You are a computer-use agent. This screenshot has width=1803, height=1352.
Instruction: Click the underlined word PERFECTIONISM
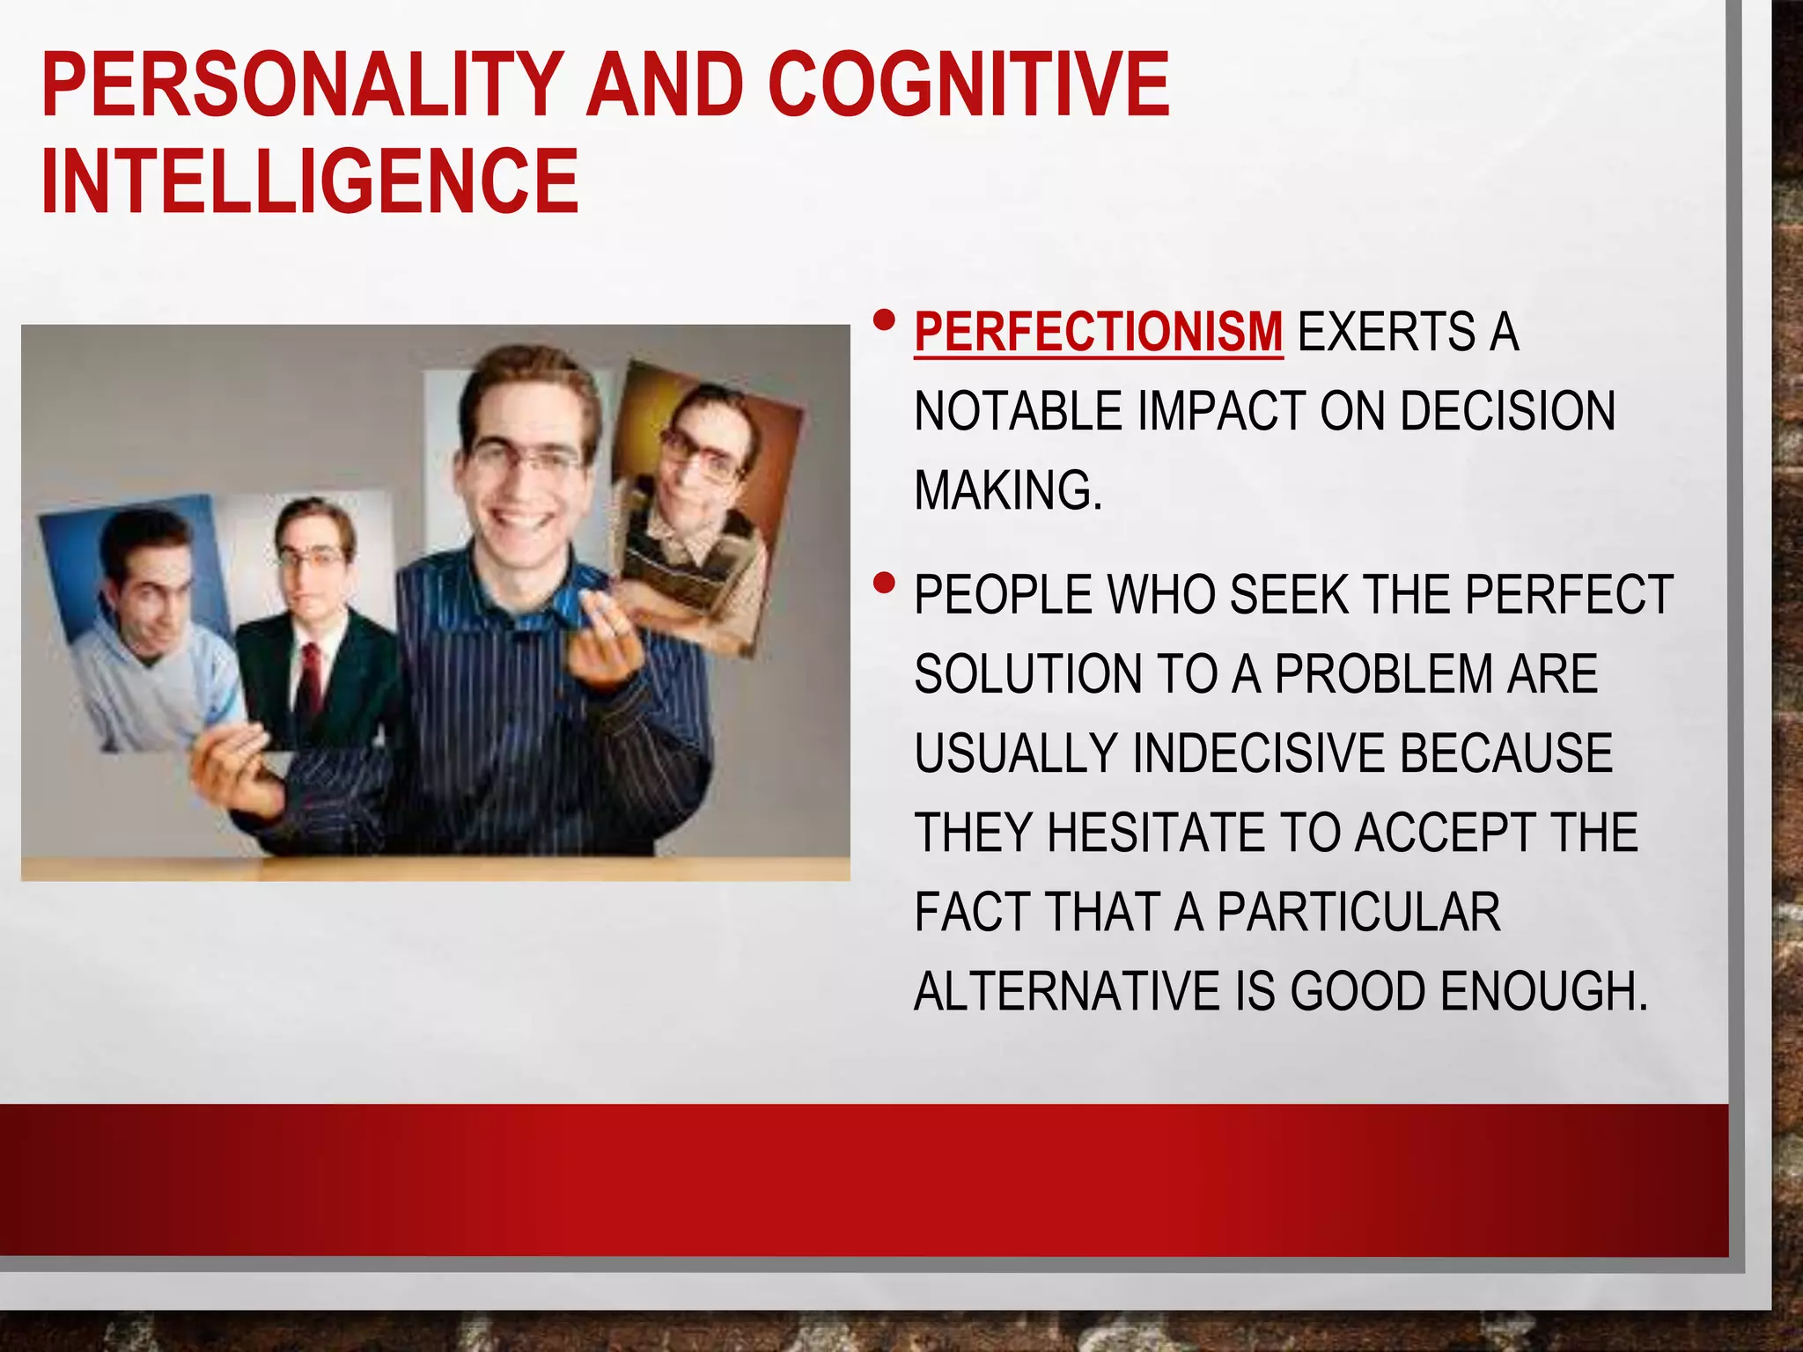[1098, 333]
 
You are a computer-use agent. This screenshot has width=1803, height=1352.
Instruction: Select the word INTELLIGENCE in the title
[310, 180]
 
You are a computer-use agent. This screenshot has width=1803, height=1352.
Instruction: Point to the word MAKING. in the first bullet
[1008, 490]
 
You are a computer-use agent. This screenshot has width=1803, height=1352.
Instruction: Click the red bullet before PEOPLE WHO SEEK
[885, 584]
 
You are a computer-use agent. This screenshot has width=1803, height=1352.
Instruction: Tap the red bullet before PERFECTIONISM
[885, 320]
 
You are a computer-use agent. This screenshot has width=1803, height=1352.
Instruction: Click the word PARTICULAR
[1358, 912]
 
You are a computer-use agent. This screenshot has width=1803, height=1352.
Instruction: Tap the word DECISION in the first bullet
[1507, 411]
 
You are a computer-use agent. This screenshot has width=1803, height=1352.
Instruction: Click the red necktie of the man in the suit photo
[310, 678]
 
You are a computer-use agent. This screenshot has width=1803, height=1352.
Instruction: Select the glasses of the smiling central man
[526, 458]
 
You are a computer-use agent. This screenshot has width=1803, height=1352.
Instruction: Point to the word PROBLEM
[1384, 674]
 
